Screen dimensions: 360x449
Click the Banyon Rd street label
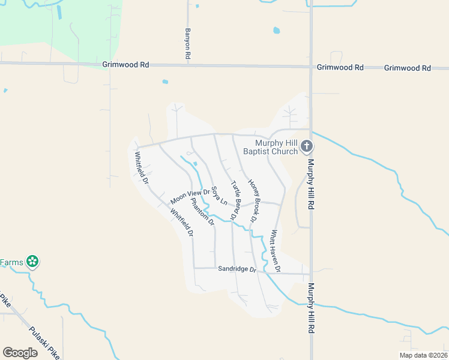[188, 43]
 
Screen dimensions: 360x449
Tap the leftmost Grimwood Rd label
[125, 64]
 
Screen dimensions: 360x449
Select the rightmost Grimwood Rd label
[407, 68]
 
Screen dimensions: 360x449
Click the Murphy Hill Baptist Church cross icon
[306, 146]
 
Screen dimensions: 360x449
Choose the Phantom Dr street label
[202, 212]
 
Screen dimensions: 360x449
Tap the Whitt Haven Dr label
[275, 251]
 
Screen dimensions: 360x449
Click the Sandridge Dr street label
[237, 269]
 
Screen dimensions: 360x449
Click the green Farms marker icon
[33, 262]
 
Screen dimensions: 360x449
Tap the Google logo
[20, 353]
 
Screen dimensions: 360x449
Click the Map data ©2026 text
[423, 355]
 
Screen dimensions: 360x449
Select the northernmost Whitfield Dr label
[142, 167]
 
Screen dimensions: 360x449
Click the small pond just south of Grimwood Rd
[165, 82]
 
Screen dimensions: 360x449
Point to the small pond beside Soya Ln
[196, 165]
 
